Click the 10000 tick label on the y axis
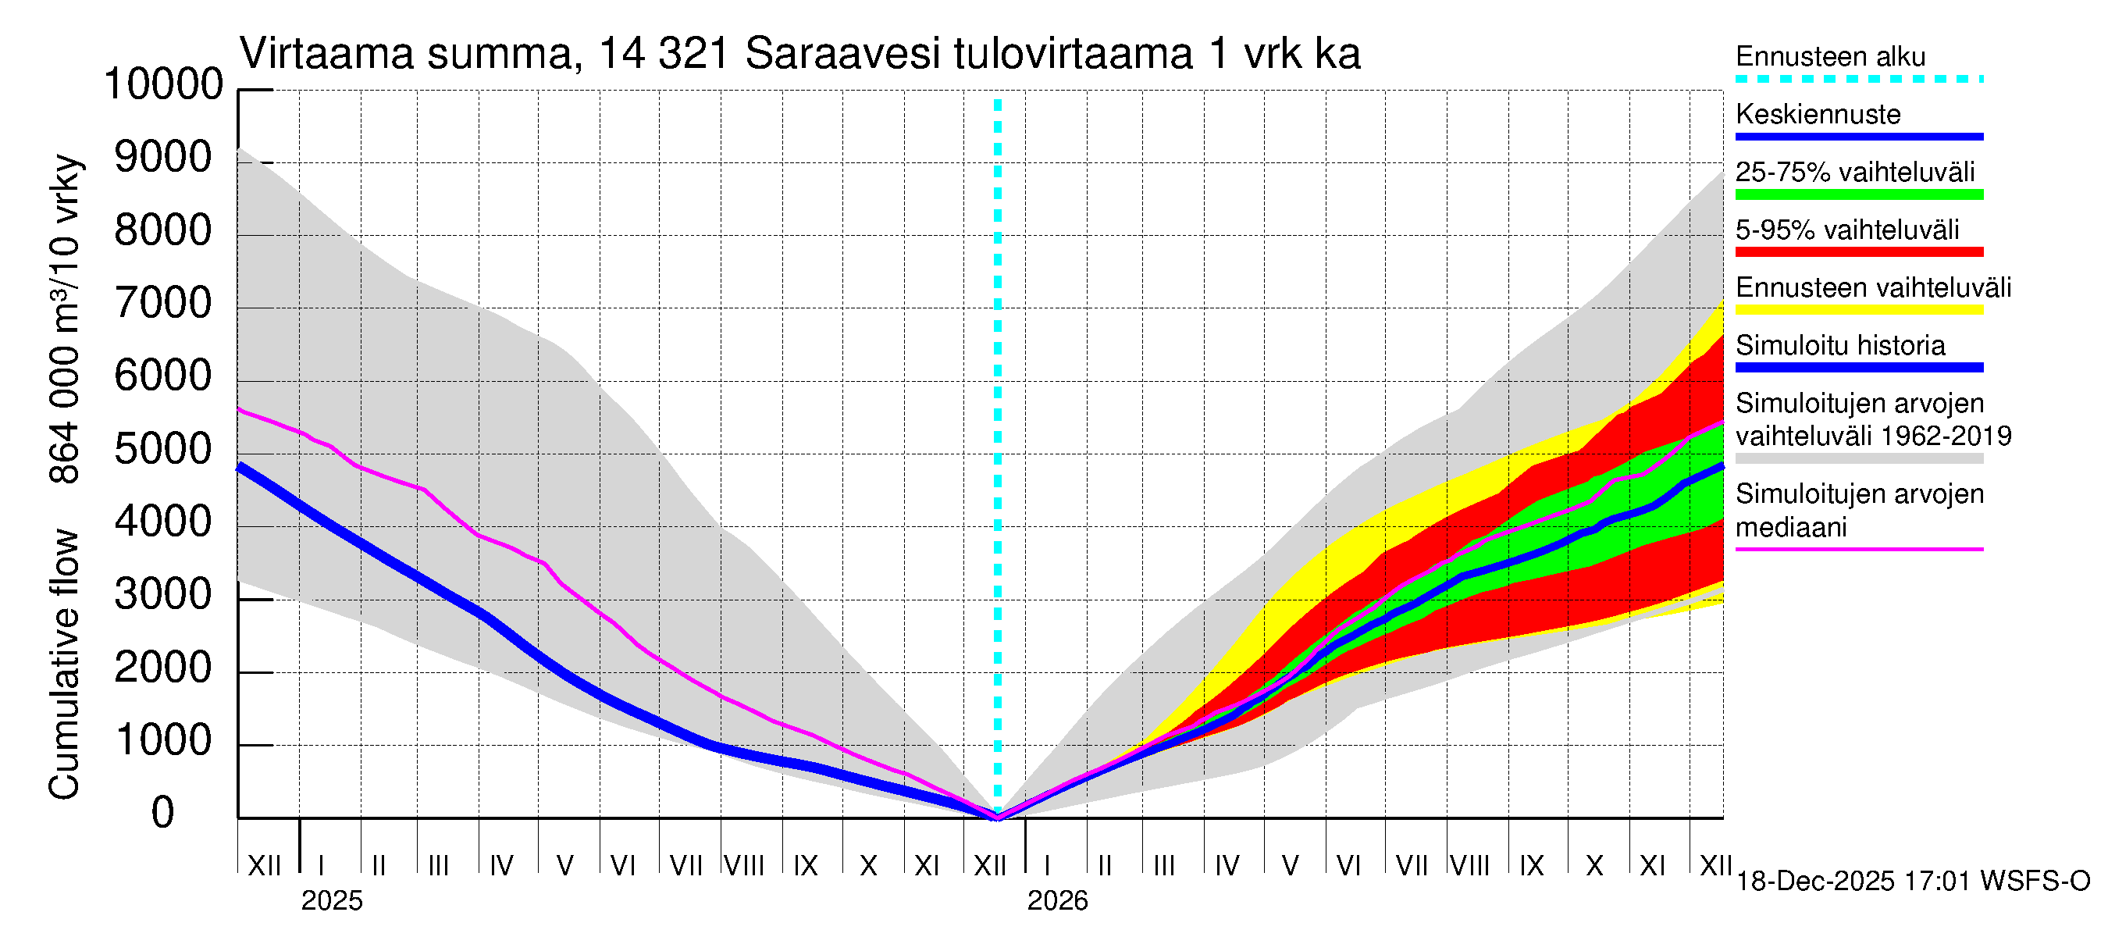(x=164, y=85)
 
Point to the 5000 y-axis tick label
(x=164, y=450)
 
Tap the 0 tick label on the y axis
(x=163, y=814)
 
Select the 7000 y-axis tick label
(x=164, y=305)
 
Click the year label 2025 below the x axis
(x=331, y=901)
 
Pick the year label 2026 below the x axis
(x=1057, y=901)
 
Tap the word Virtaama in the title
(x=326, y=55)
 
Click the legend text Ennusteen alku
(x=1831, y=56)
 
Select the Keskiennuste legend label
(x=1818, y=115)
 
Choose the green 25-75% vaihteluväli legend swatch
(x=1859, y=194)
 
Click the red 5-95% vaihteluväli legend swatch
(x=1859, y=252)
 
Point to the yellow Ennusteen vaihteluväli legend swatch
(x=1859, y=310)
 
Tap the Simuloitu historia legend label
(x=1840, y=345)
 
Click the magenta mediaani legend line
(x=1859, y=549)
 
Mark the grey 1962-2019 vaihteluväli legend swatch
(x=1859, y=459)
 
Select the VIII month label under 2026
(x=1469, y=866)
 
